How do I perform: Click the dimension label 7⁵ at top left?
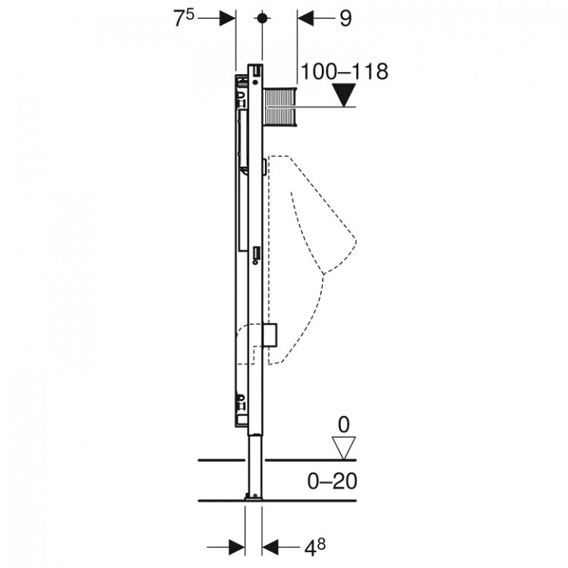coord(184,18)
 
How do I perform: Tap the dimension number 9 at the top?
coord(345,18)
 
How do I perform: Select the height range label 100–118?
coord(345,71)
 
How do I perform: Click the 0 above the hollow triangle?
coord(344,424)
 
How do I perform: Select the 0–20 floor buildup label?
coord(332,482)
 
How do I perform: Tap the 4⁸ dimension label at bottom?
coord(315,548)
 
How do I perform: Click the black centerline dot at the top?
coord(262,18)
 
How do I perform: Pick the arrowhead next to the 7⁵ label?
coord(227,18)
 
